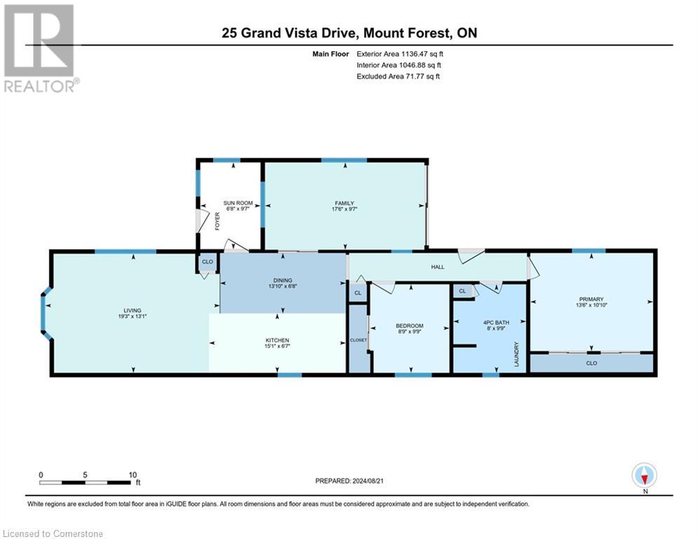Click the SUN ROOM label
click(238, 203)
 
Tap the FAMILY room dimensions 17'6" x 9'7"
click(344, 208)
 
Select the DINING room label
click(283, 280)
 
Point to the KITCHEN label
click(277, 340)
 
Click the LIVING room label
click(133, 310)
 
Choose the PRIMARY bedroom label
click(591, 300)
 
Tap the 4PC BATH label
click(496, 323)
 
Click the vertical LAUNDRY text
click(517, 354)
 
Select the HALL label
click(438, 267)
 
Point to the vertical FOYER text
click(217, 221)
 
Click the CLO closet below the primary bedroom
click(591, 363)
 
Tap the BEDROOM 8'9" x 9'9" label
click(410, 328)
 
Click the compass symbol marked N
click(644, 475)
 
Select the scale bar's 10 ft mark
click(133, 475)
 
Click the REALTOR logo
click(41, 48)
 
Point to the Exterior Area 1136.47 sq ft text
click(400, 54)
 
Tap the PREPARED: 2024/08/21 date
click(349, 481)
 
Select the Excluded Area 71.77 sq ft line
click(398, 76)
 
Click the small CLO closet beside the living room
click(208, 262)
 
